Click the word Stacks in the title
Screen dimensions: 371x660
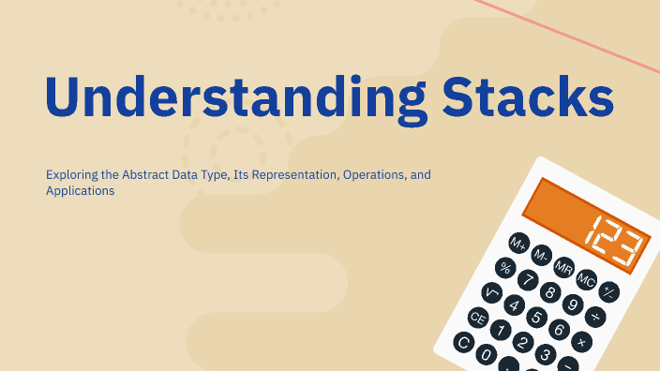click(x=516, y=95)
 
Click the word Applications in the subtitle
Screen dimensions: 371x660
click(x=80, y=190)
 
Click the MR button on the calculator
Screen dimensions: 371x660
click(x=563, y=268)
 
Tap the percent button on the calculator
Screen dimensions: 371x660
click(x=506, y=268)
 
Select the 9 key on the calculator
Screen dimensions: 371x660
click(x=574, y=303)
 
